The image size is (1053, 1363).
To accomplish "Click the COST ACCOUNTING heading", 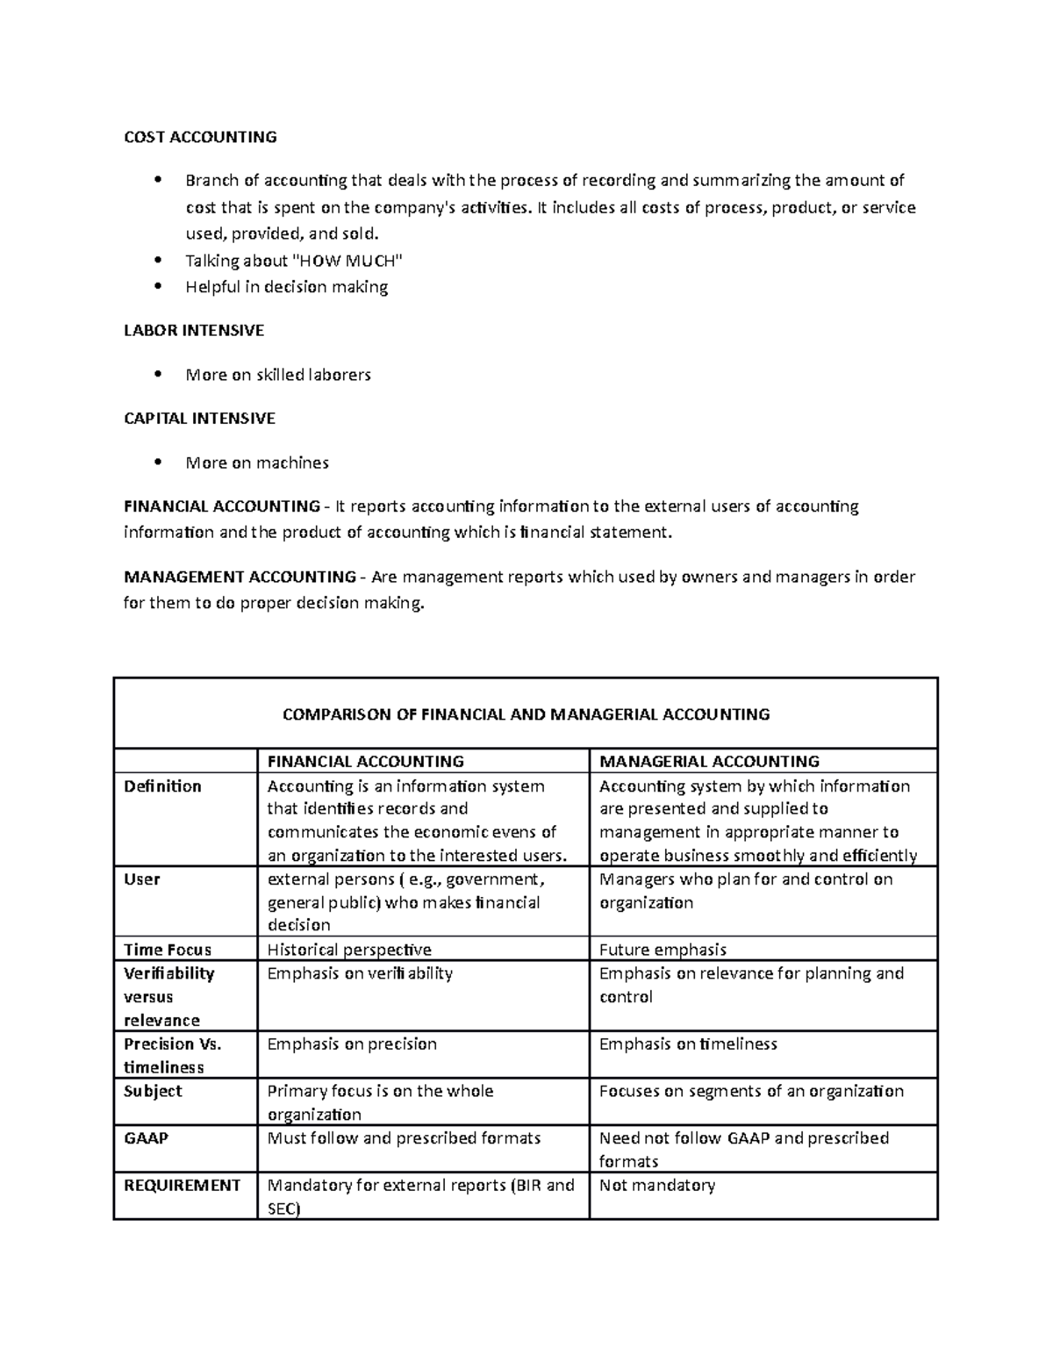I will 200,137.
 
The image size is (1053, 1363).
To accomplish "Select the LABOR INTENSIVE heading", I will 194,331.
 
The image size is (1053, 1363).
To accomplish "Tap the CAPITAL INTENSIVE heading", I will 199,419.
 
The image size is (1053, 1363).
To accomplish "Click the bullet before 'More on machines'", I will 158,463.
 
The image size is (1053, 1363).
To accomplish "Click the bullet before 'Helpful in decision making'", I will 158,287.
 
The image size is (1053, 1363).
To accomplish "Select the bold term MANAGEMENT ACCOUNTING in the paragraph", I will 239,577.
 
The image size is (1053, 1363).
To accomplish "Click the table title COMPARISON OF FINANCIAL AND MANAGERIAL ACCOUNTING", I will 526,714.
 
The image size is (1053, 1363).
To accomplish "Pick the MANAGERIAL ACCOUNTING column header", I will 709,761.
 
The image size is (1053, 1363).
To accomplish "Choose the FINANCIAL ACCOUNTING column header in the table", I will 366,761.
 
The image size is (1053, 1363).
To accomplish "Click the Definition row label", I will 162,786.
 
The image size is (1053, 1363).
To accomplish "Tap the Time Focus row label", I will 168,950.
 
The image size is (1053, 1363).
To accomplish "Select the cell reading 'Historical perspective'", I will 349,950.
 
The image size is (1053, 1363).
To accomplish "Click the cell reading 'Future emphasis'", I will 663,950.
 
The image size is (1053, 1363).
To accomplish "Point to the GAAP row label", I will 146,1138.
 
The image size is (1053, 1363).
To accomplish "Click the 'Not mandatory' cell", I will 656,1186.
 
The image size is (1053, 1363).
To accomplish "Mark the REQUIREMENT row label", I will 182,1186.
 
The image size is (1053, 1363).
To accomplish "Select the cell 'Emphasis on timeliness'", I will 688,1044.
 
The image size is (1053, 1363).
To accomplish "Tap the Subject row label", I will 153,1091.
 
